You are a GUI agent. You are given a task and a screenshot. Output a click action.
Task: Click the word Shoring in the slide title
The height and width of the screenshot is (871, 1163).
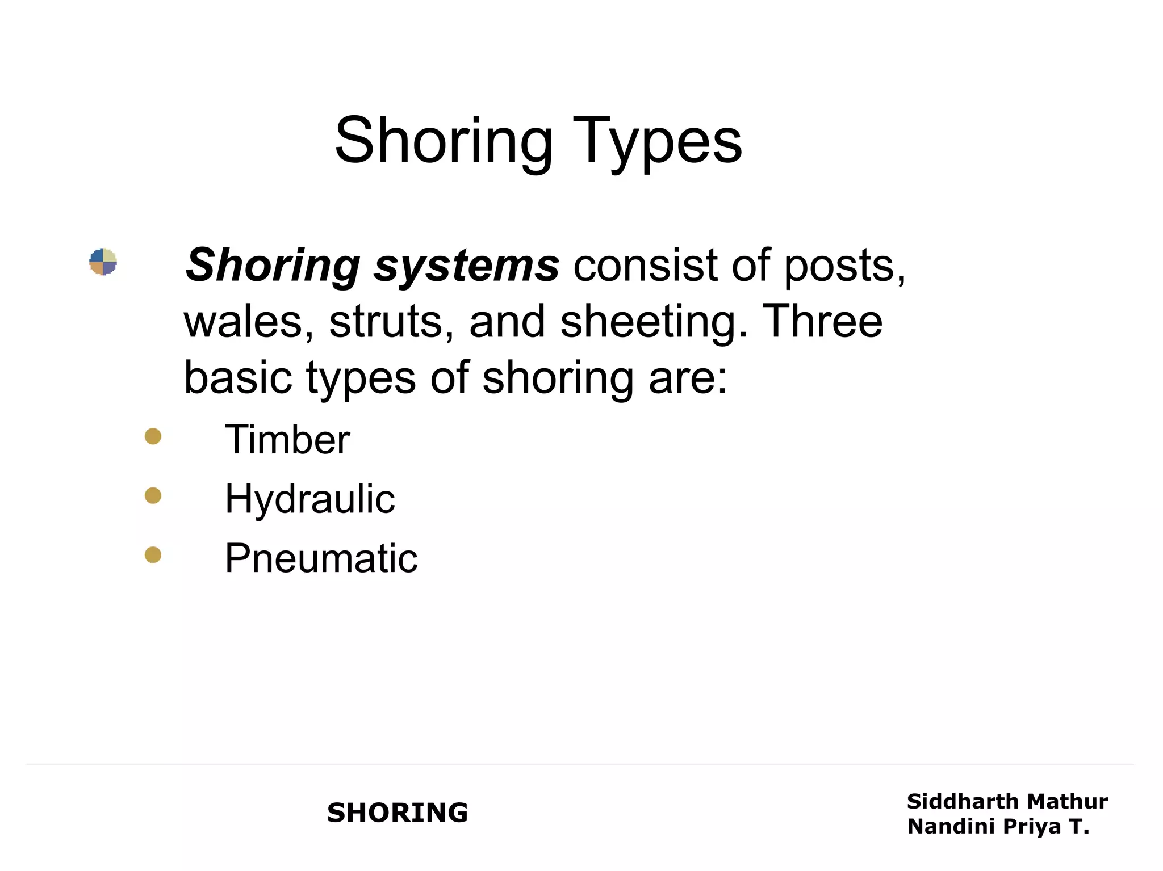click(x=444, y=142)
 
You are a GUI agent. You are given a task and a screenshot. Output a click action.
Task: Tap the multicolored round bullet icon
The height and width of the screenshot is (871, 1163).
click(x=103, y=262)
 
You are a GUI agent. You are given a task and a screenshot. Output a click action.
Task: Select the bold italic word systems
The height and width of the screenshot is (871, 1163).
click(x=466, y=266)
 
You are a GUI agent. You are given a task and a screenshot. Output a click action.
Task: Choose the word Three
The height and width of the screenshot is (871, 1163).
click(x=822, y=321)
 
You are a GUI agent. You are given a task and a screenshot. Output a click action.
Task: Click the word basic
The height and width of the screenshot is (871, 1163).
click(x=237, y=378)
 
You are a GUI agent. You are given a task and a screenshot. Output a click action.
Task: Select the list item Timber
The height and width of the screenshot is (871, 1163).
click(x=287, y=440)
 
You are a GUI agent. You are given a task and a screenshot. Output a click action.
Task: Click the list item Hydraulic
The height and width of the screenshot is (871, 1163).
click(x=309, y=499)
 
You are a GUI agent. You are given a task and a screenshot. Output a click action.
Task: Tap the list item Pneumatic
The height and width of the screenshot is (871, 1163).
click(x=321, y=558)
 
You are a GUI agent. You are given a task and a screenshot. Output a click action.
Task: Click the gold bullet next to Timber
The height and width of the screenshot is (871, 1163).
click(x=153, y=436)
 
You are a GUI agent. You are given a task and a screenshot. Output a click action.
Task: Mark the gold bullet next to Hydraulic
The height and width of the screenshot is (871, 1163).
click(x=153, y=496)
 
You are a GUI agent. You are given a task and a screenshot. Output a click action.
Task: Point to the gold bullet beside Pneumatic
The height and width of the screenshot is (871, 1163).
click(x=153, y=554)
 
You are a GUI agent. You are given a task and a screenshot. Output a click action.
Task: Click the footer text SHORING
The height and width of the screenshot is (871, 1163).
click(x=398, y=813)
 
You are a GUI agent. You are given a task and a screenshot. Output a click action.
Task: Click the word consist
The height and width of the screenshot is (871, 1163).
click(x=646, y=266)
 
